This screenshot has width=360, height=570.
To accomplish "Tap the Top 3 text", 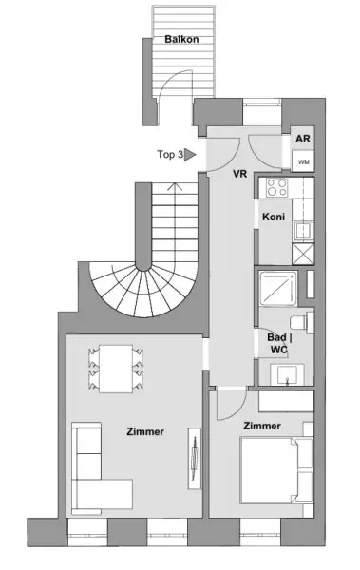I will coord(169,153).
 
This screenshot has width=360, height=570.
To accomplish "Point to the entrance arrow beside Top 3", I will coord(190,153).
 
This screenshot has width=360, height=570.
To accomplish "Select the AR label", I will coord(303,139).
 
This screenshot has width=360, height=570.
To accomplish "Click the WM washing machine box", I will coord(303,161).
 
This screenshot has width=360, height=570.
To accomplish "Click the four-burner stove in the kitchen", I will coord(277,188).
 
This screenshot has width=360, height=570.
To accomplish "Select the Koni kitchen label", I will coord(274,217).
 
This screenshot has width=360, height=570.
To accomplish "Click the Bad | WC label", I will coord(279,343).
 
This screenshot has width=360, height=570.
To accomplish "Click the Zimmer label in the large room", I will coord(144,431).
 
